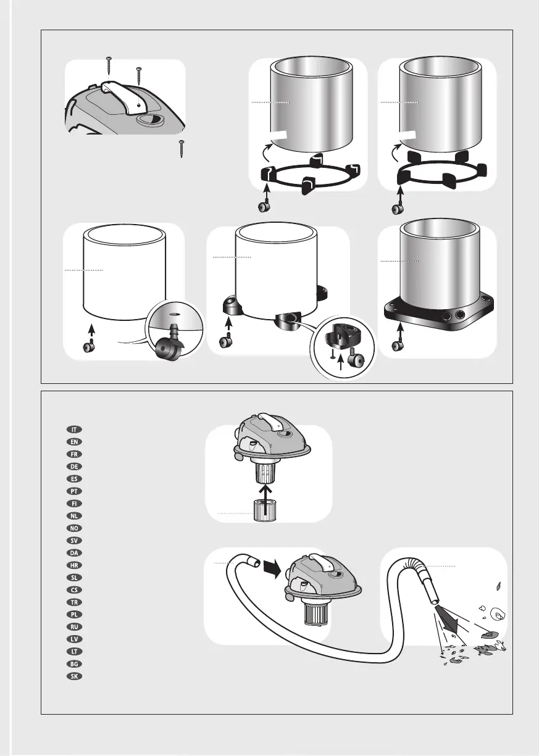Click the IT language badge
[x=74, y=430]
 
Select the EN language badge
[x=74, y=442]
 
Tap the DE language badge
[x=74, y=467]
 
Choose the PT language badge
[x=74, y=491]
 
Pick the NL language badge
[x=74, y=516]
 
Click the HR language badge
[x=74, y=565]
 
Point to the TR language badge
[x=74, y=602]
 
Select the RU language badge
[x=74, y=627]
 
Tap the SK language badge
[x=74, y=676]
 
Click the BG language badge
[x=74, y=664]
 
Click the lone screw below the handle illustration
[x=182, y=149]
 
